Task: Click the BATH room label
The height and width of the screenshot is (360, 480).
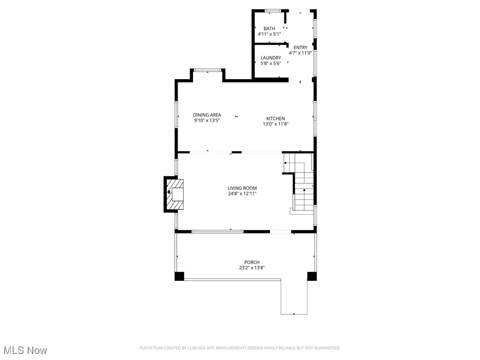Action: (x=269, y=29)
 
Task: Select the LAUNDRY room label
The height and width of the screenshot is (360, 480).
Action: (x=270, y=58)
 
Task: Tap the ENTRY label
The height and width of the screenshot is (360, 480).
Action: (x=300, y=47)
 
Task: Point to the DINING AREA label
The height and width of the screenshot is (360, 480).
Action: (x=207, y=115)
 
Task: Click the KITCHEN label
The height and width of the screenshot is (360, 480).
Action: (x=276, y=119)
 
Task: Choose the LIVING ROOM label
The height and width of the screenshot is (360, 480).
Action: (x=242, y=188)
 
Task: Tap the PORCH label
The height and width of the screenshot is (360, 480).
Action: (x=252, y=262)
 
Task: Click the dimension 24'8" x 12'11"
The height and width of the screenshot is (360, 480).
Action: (x=242, y=194)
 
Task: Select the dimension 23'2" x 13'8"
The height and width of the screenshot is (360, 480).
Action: (x=252, y=268)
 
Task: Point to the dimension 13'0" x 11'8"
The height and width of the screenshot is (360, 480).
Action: (x=276, y=124)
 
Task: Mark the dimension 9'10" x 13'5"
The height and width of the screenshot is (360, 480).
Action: (x=207, y=120)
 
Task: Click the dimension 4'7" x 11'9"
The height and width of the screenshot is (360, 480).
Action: (x=300, y=53)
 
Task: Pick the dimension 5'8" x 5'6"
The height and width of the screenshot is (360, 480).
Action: (x=270, y=64)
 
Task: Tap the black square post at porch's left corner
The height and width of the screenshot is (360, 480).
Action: (x=179, y=276)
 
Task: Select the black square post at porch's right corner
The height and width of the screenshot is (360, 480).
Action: (x=312, y=276)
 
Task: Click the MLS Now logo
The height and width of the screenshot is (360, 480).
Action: (x=25, y=350)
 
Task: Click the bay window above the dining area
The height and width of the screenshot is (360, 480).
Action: (x=207, y=70)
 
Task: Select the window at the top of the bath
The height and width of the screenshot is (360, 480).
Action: (x=272, y=10)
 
